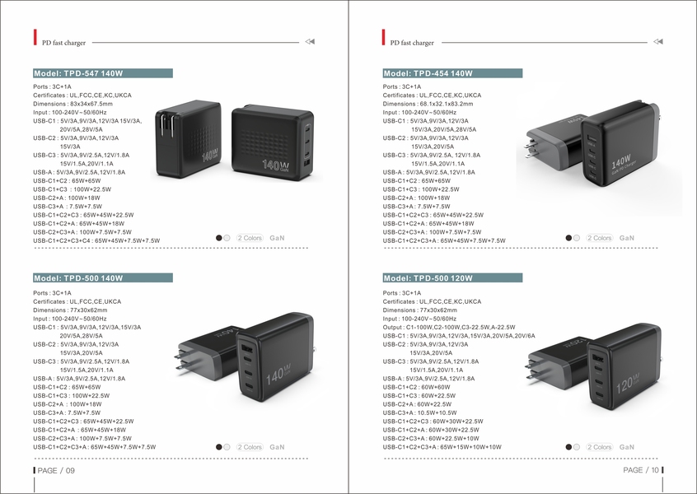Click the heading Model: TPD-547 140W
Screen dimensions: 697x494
(x=103, y=73)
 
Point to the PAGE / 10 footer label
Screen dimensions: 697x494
(x=642, y=470)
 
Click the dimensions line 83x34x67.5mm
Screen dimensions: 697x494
(x=73, y=104)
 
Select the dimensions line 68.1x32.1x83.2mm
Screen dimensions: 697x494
(x=428, y=104)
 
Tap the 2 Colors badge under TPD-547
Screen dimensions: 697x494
(x=249, y=238)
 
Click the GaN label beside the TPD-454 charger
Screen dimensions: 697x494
(x=626, y=238)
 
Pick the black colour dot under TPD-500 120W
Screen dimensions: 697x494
(x=568, y=447)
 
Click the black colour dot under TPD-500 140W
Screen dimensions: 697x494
(x=219, y=447)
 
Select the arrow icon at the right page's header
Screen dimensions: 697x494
(x=657, y=41)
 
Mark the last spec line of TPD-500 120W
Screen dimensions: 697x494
(x=442, y=447)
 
